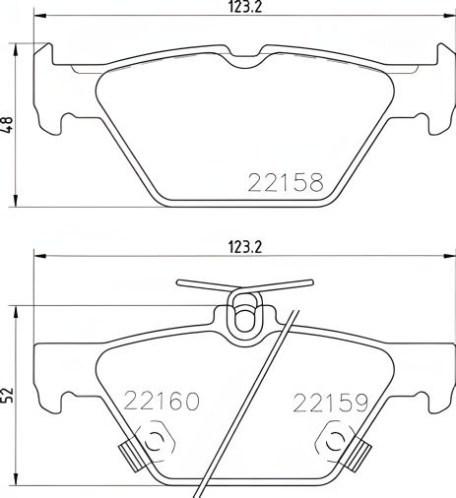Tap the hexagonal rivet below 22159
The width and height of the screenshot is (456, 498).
(x=337, y=441)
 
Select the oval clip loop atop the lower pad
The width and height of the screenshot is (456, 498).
(x=242, y=314)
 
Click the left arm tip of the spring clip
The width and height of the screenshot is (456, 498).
(x=180, y=283)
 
